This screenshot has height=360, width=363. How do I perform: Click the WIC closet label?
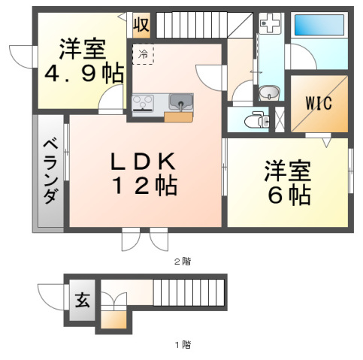click(x=319, y=104)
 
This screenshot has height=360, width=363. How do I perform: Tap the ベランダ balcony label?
click(x=49, y=172)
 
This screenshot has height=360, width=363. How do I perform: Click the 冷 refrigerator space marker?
click(x=142, y=53)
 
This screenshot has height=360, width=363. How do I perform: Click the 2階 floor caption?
click(x=183, y=262)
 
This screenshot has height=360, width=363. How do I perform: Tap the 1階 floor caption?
click(x=183, y=345)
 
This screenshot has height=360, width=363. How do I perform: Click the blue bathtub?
click(x=319, y=26)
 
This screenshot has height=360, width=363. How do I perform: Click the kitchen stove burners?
click(x=144, y=102)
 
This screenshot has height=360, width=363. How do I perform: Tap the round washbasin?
click(x=268, y=93)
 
